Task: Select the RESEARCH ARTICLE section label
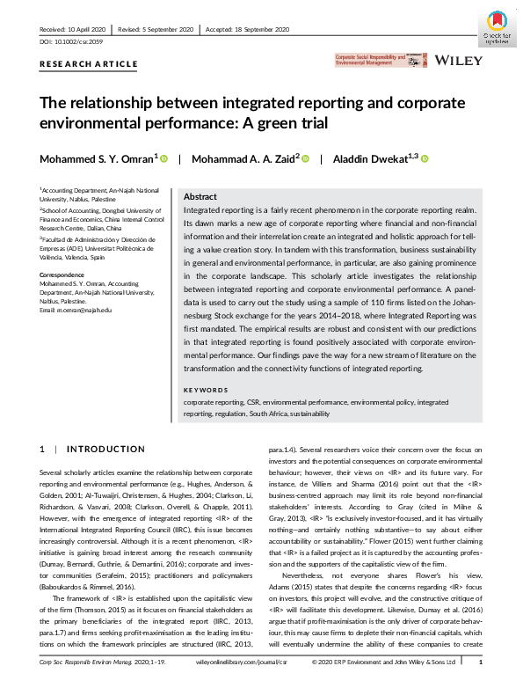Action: (88, 64)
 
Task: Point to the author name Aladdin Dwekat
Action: (374, 159)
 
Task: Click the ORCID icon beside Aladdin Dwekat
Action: (425, 159)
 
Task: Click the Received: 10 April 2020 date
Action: (75, 30)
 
